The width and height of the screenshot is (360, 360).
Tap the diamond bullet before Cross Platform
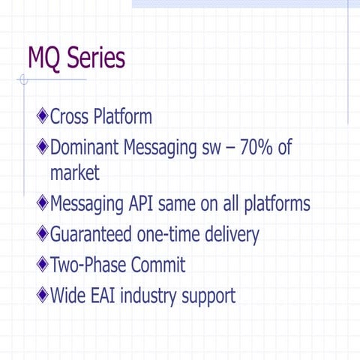[x=42, y=117]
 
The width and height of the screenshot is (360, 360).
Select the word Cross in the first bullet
[x=70, y=117]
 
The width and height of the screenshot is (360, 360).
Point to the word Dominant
[x=89, y=146]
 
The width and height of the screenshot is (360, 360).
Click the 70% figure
[x=255, y=146]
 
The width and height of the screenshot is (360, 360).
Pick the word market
[x=74, y=173]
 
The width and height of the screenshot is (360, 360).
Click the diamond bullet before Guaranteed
[x=42, y=235]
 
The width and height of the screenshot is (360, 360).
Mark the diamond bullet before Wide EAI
[x=42, y=295]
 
